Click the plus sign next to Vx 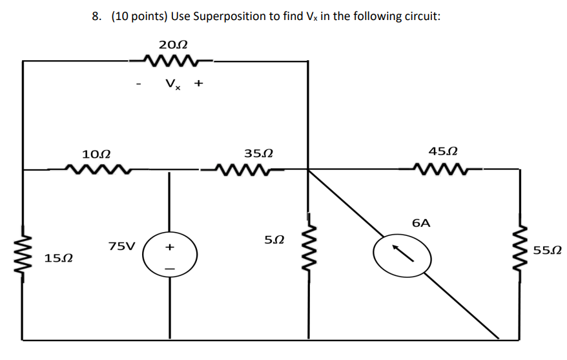pos(199,83)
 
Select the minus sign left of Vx pos(139,85)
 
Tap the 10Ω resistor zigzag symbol pos(98,170)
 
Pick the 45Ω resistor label pos(443,152)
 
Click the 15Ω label pos(58,259)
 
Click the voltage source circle pos(169,257)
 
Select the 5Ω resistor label pos(274,240)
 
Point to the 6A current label pos(420,223)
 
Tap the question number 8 pos(96,16)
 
